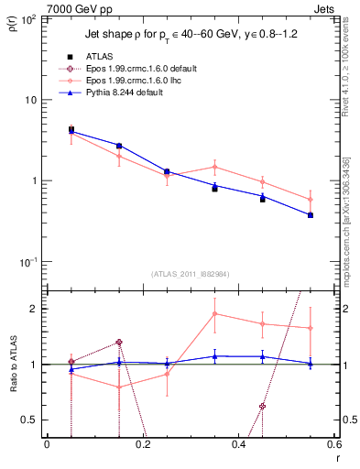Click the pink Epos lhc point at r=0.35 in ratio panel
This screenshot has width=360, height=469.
click(214, 314)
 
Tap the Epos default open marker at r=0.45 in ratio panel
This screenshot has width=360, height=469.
click(262, 406)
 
